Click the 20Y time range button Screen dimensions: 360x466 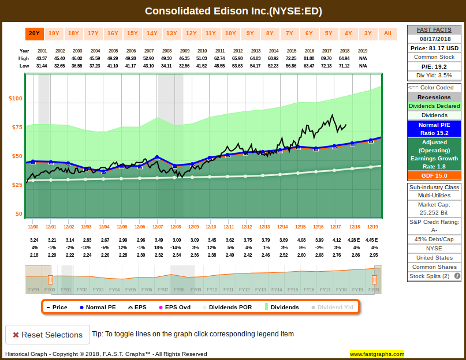pos(34,33)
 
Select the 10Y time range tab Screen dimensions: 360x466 pos(230,33)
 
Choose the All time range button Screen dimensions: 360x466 pos(387,33)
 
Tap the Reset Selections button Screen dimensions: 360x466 pos(47,335)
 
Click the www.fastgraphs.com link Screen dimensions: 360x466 pos(376,354)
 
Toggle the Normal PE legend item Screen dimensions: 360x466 pos(97,307)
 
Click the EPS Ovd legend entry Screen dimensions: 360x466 pos(170,307)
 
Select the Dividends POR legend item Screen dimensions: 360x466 pos(226,307)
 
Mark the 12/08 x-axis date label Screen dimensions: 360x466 pos(176,227)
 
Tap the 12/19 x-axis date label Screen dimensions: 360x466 pos(372,227)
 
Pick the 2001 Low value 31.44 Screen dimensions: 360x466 pos(42,66)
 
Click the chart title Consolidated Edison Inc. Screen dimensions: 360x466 pos(233,11)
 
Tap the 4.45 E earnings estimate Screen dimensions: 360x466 pos(372,239)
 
